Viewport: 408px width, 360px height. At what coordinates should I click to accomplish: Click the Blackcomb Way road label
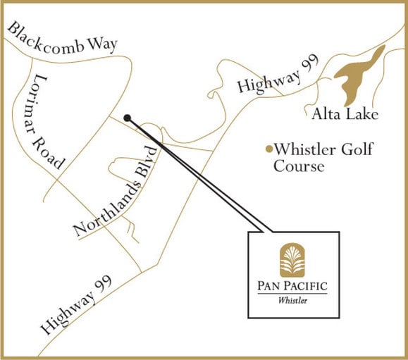(x=62, y=39)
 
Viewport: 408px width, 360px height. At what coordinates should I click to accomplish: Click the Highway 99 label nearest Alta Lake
(x=271, y=77)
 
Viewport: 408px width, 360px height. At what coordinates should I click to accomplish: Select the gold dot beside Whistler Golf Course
(x=268, y=149)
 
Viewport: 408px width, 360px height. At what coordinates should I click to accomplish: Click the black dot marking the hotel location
(x=127, y=118)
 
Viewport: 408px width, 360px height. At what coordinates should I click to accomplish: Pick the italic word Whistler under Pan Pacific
(x=292, y=302)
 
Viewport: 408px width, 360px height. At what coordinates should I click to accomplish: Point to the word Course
(x=299, y=167)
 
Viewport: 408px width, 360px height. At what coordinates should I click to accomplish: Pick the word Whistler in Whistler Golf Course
(x=307, y=149)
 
